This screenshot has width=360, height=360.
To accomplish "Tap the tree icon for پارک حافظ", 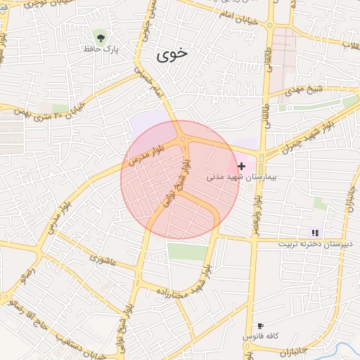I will (x=103, y=36).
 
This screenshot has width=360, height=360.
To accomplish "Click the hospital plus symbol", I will (x=242, y=167).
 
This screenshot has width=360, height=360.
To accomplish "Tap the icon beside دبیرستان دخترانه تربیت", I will (x=316, y=233).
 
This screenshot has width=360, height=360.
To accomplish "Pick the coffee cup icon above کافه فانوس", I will (x=260, y=326).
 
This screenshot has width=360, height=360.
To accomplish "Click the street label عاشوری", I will (x=105, y=259).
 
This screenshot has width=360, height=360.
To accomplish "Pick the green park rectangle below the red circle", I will (x=188, y=252).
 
